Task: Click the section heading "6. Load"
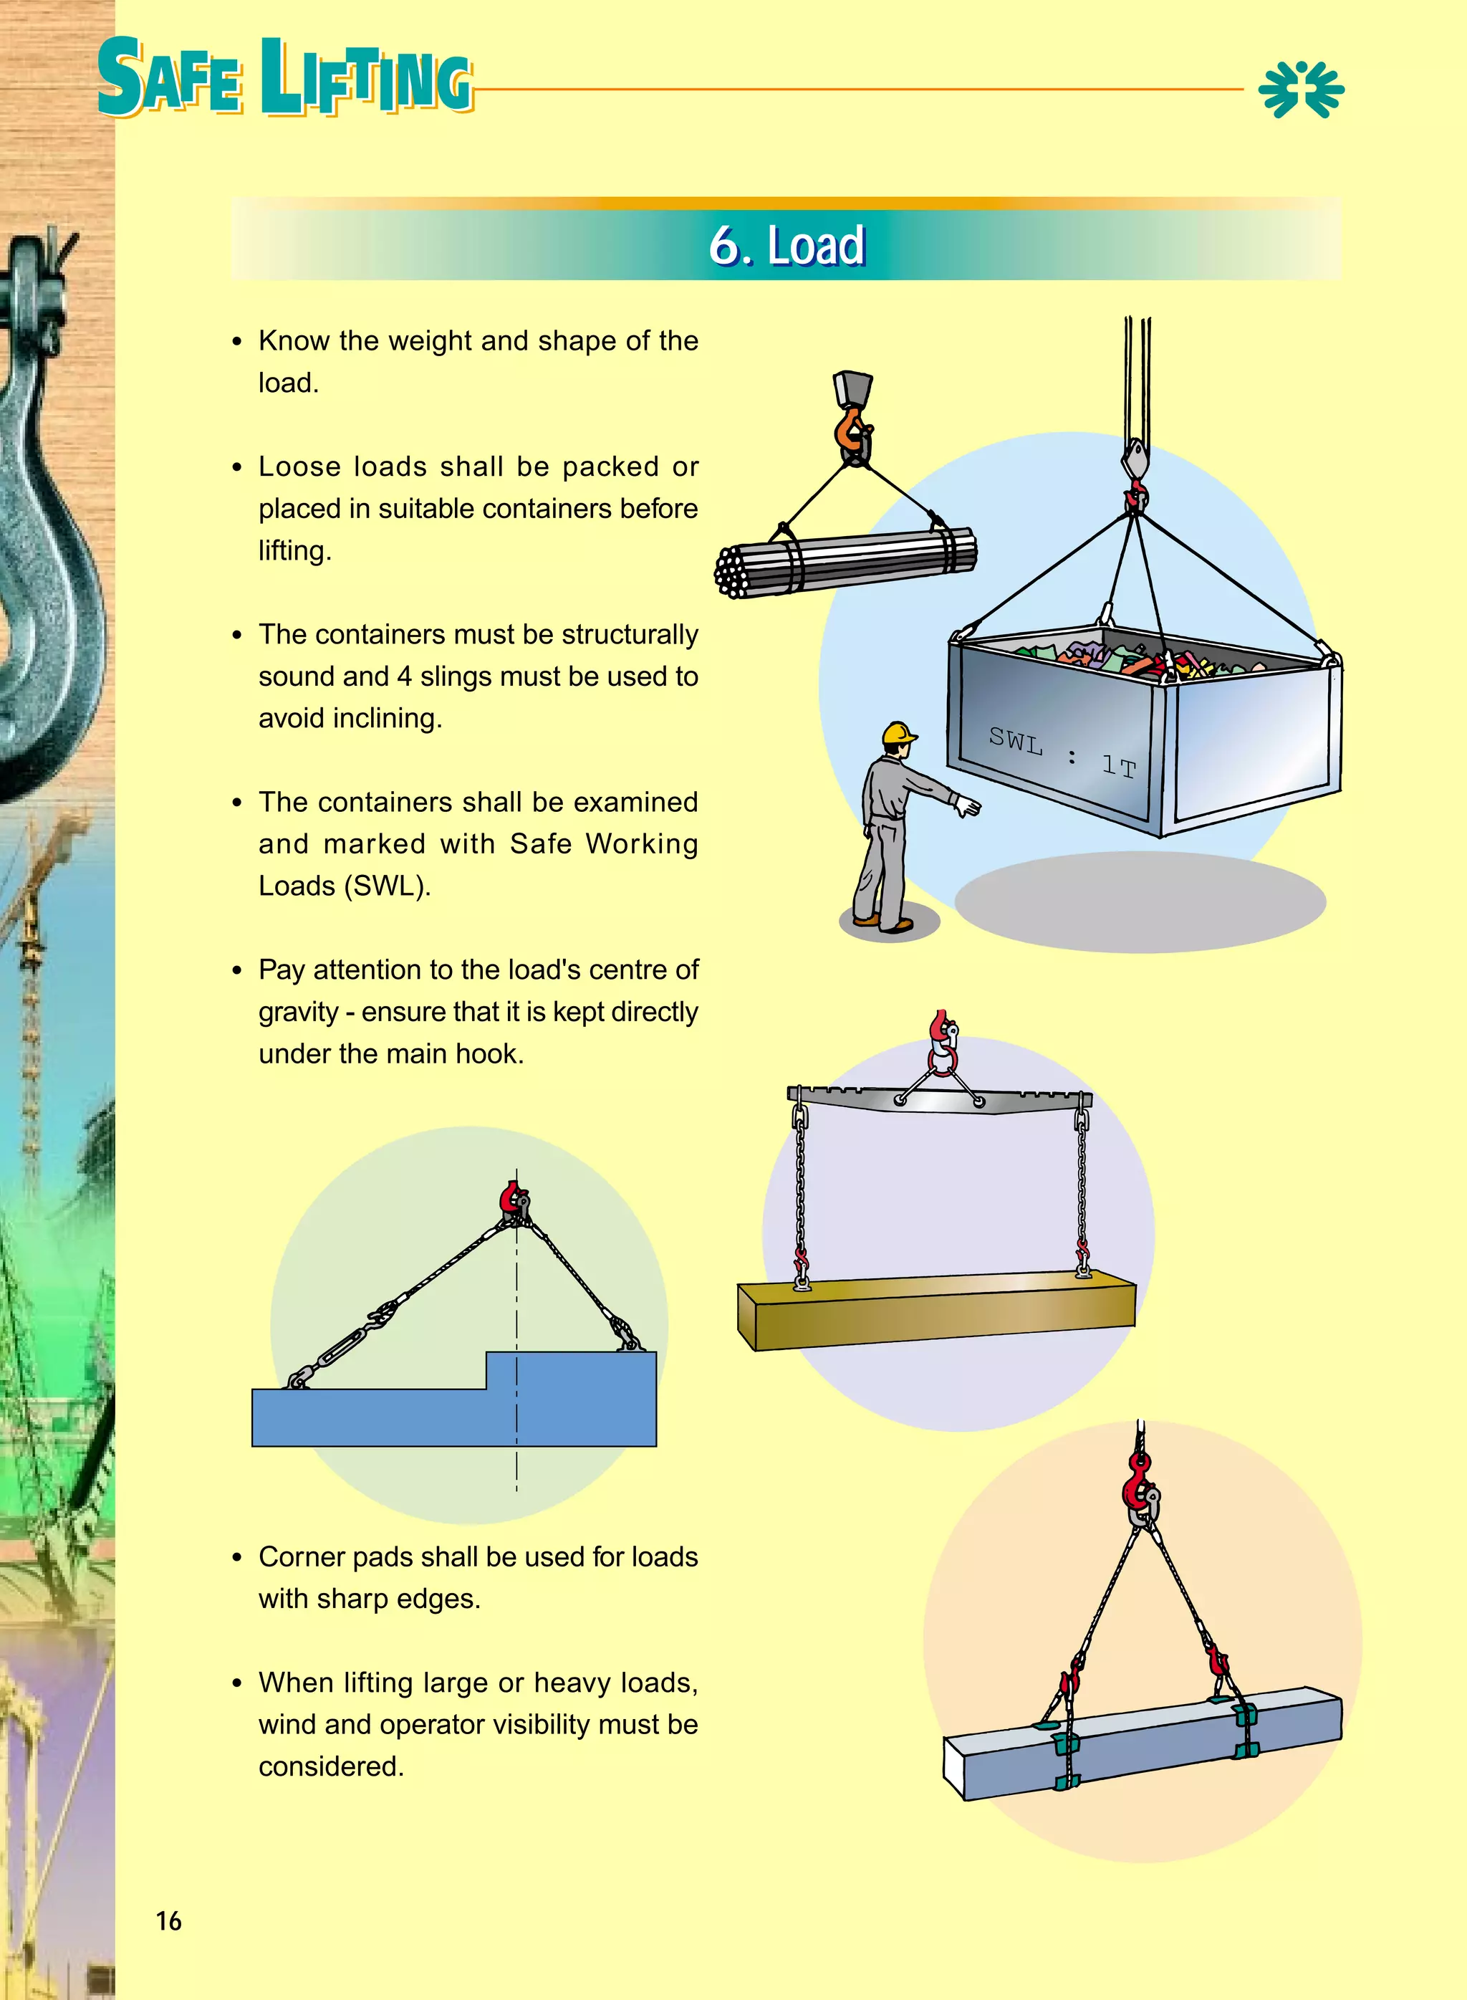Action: [786, 245]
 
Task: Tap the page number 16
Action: [169, 1921]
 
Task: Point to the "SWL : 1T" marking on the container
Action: [1062, 754]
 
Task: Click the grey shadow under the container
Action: [1140, 901]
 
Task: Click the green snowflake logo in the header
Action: [1301, 89]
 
